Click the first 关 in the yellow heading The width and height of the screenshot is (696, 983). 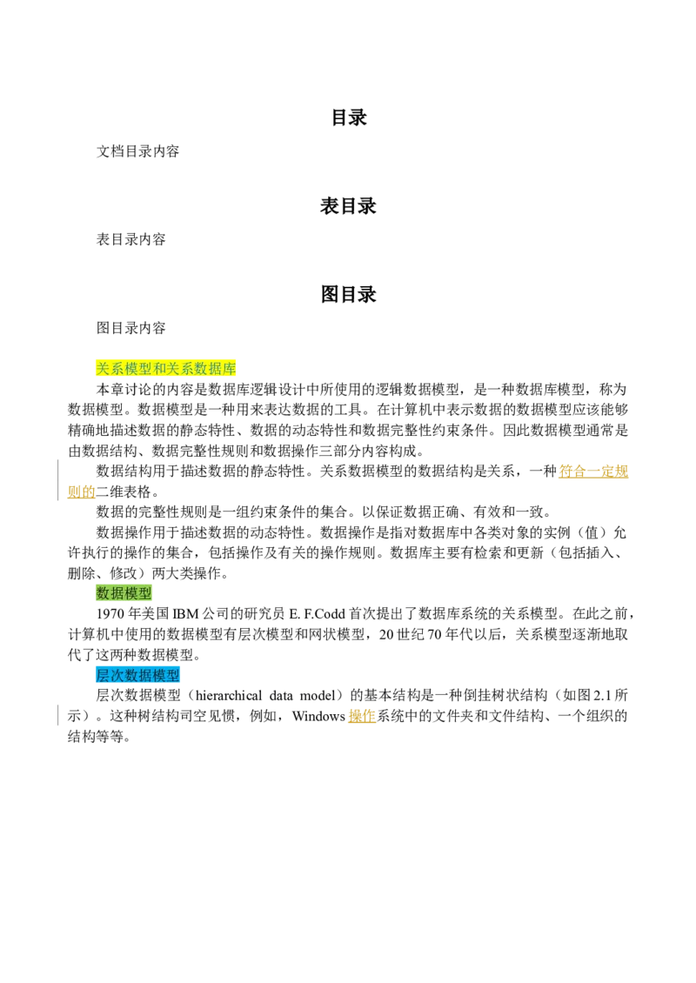(103, 369)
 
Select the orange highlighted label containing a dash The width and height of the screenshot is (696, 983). (594, 471)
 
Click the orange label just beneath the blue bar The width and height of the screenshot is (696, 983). (362, 714)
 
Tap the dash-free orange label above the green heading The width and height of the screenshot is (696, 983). (81, 491)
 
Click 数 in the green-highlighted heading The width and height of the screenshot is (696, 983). (103, 593)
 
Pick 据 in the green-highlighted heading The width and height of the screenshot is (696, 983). (117, 593)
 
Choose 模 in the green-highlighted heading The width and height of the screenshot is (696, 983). (130, 593)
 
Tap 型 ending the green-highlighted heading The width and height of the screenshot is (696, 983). (144, 593)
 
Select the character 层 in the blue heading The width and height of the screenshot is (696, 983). (103, 675)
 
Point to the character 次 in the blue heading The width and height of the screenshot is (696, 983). (117, 675)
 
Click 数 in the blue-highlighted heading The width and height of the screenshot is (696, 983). (130, 675)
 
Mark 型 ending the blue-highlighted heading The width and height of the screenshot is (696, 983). (173, 675)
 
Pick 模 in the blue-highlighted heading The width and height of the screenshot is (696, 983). (159, 675)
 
